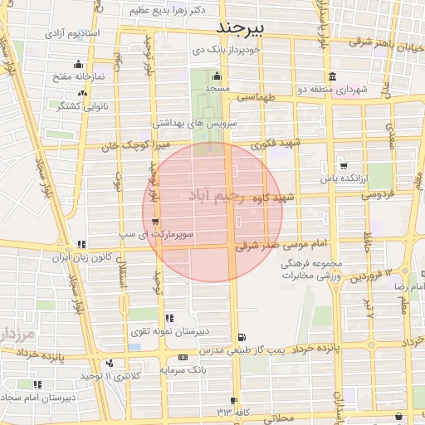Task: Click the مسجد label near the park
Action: (217, 87)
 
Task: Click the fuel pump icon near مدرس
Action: (242, 337)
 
